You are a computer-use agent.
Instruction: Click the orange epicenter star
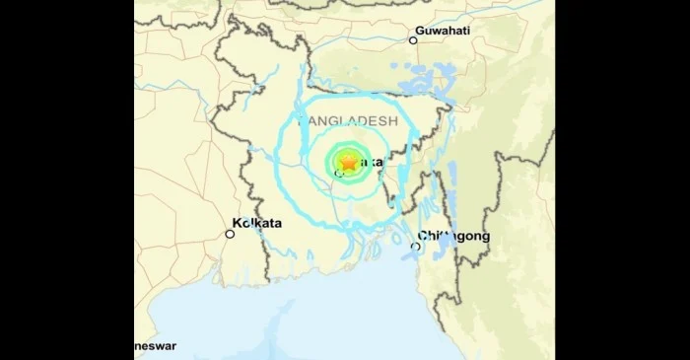[348, 163]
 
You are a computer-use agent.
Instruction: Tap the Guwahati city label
[442, 31]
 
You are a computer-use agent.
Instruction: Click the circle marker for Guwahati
[414, 40]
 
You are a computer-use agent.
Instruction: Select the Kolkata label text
[255, 223]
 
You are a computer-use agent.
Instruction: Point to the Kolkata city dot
[230, 234]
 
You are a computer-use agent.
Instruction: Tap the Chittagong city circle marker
[415, 247]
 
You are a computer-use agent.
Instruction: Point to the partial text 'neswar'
[157, 347]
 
